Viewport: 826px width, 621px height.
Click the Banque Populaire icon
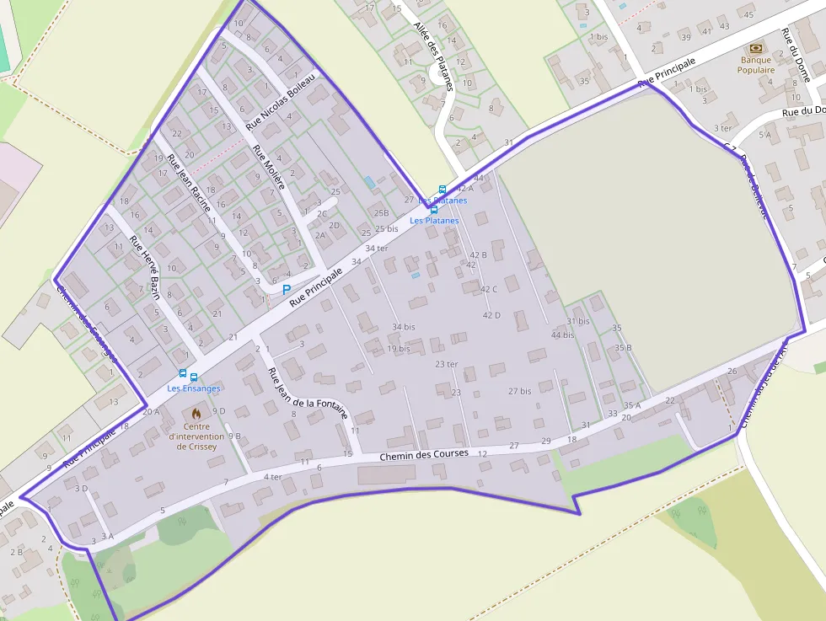(x=755, y=48)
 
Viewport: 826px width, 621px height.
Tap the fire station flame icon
(x=196, y=414)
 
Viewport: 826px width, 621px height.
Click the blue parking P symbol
(x=286, y=289)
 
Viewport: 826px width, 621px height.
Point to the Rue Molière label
(x=270, y=167)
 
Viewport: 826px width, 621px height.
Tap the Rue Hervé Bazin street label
(x=145, y=269)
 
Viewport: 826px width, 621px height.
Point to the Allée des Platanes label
(x=434, y=56)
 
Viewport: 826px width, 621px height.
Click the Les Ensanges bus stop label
(x=194, y=388)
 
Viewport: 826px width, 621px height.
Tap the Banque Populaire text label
(x=756, y=65)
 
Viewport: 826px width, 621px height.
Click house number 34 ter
(x=377, y=248)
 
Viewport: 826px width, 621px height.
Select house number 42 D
(x=491, y=315)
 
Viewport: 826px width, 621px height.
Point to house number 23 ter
(x=446, y=364)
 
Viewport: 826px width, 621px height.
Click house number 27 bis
(x=519, y=391)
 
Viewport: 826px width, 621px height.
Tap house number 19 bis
(x=399, y=348)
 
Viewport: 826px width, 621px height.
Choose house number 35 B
(x=623, y=347)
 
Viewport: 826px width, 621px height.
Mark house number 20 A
(x=151, y=412)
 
